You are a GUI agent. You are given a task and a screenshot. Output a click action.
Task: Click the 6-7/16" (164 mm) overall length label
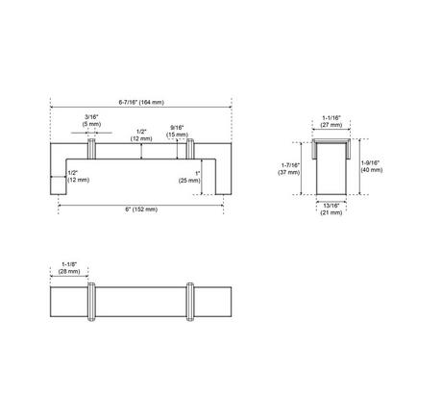pyautogui.click(x=141, y=103)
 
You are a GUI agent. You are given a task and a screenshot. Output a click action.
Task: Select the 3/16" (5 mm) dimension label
pyautogui.click(x=91, y=120)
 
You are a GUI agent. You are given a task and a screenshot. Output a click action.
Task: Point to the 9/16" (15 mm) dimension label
pyautogui.click(x=177, y=132)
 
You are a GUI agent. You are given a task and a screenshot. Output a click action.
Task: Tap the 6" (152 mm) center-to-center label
pyautogui.click(x=141, y=209)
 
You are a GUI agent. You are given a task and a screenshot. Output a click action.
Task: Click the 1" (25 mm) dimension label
pyautogui.click(x=189, y=177)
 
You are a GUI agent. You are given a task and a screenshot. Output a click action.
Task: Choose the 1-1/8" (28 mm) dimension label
pyautogui.click(x=69, y=268)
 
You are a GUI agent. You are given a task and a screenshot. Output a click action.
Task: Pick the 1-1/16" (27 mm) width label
pyautogui.click(x=331, y=121)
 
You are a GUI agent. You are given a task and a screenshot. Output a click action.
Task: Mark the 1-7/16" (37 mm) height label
pyautogui.click(x=289, y=169)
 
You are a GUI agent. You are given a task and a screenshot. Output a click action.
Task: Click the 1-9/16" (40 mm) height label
pyautogui.click(x=372, y=166)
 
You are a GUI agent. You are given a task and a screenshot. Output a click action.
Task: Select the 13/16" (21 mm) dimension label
pyautogui.click(x=331, y=209)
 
